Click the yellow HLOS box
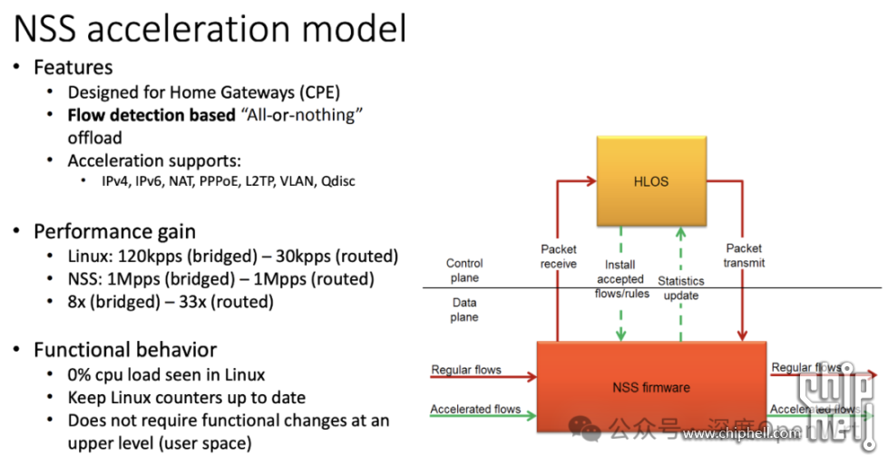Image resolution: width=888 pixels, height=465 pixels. [650, 180]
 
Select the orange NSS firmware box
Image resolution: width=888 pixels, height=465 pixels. [650, 387]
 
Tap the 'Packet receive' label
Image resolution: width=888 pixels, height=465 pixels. [559, 257]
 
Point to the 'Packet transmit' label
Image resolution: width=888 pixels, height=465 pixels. [744, 256]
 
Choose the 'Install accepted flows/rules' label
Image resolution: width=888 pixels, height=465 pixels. [621, 279]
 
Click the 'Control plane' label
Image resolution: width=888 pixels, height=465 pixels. [464, 271]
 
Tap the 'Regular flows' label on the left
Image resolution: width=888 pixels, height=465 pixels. [466, 370]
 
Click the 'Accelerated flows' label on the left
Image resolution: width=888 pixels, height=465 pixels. [475, 410]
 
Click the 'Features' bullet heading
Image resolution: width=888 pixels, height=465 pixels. [73, 68]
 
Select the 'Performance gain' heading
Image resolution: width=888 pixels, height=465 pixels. [114, 231]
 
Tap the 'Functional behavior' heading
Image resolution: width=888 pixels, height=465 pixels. [125, 350]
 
